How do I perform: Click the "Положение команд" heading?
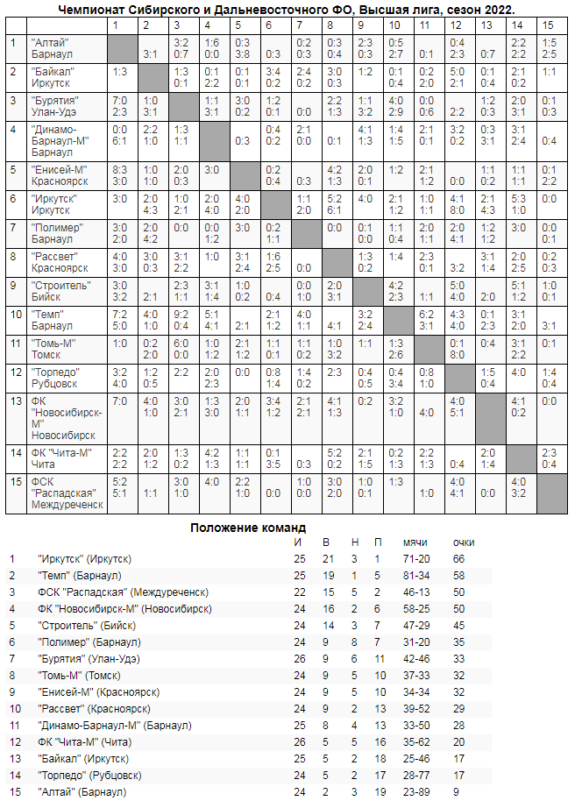click(x=248, y=528)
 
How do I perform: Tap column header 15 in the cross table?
click(x=548, y=25)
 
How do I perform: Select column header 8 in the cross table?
click(x=333, y=25)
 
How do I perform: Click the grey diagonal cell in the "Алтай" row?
click(x=122, y=47)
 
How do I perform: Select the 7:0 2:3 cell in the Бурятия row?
click(x=122, y=105)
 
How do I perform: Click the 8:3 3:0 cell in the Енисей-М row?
click(x=122, y=174)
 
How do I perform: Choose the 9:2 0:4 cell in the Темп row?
click(x=181, y=321)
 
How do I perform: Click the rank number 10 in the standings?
click(x=13, y=709)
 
